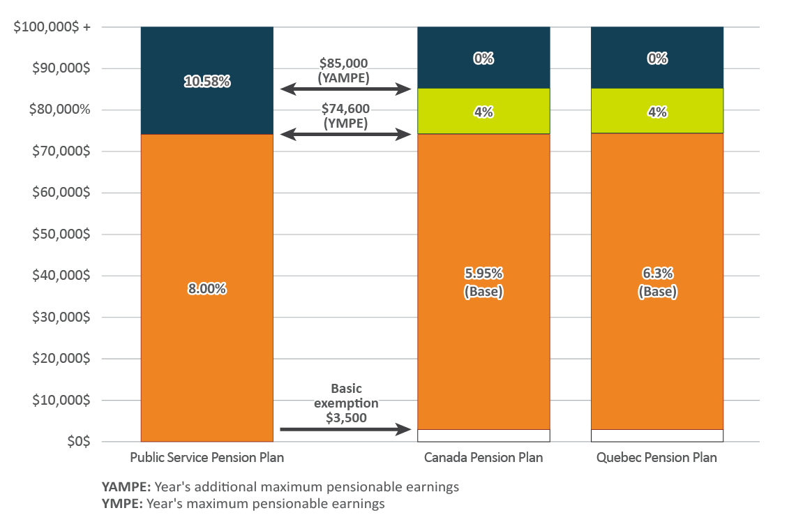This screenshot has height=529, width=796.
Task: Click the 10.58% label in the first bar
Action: (x=207, y=82)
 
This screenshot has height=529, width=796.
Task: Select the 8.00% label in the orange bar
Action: (x=207, y=288)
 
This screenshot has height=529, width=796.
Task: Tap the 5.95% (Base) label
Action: (x=483, y=283)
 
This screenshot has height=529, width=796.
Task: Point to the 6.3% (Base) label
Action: (x=657, y=283)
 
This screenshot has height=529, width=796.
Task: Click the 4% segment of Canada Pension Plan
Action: (x=483, y=111)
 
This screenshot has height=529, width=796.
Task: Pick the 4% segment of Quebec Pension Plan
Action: (x=657, y=111)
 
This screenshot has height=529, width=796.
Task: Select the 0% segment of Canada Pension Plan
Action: (x=483, y=59)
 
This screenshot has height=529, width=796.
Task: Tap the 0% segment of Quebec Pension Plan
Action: (x=657, y=59)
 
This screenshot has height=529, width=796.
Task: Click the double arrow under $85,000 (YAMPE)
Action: (x=345, y=89)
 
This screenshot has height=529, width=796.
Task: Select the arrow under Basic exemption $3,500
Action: (x=345, y=429)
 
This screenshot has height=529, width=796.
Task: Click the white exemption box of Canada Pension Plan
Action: (x=483, y=435)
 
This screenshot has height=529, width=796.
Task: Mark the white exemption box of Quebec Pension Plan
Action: (x=657, y=435)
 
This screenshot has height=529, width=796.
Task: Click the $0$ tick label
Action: (x=77, y=442)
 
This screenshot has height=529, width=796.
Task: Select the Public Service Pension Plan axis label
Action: (x=207, y=459)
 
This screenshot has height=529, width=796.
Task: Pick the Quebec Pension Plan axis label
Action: (x=657, y=459)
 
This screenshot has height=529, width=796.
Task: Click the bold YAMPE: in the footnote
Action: (x=126, y=487)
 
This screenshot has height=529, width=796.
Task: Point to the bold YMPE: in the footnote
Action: (x=122, y=503)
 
